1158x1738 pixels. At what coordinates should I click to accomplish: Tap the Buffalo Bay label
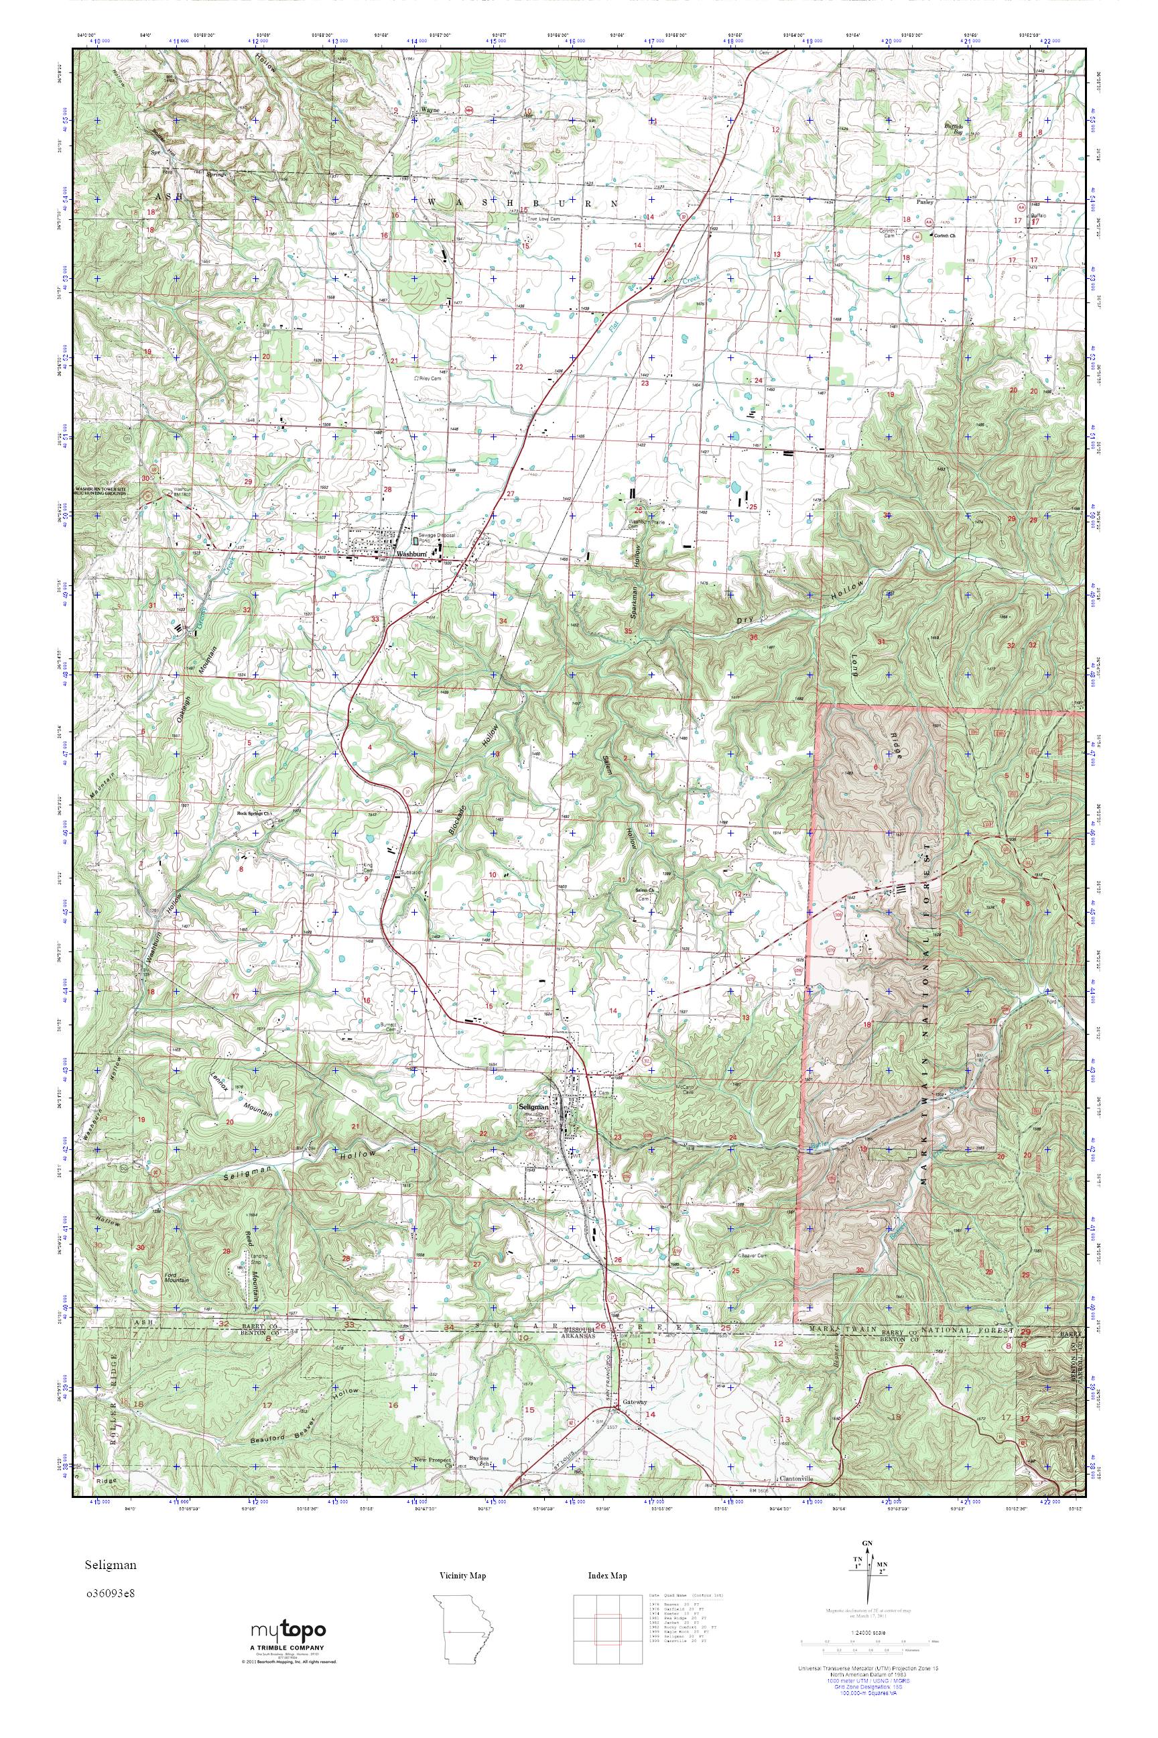tap(957, 128)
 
